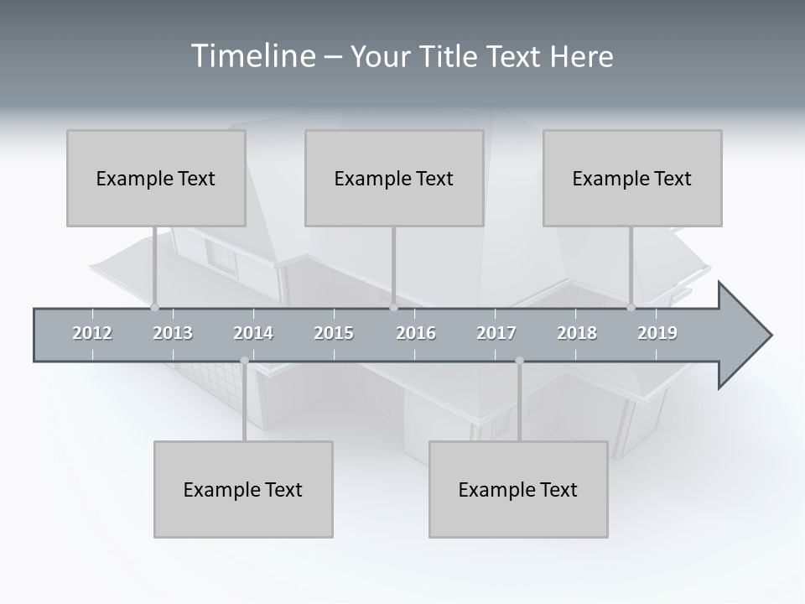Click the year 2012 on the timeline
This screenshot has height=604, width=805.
tap(92, 333)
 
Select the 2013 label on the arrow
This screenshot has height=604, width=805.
tap(173, 333)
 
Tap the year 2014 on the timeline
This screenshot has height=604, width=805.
tap(253, 333)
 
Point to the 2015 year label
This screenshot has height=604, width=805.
tap(334, 333)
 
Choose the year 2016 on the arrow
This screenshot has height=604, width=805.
tap(416, 333)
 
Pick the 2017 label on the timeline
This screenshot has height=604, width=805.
tap(496, 333)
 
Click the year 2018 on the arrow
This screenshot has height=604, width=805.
tap(577, 333)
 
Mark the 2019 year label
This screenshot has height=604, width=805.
tap(657, 333)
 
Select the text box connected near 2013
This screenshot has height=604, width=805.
tap(156, 178)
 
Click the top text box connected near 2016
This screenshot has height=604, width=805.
tap(394, 178)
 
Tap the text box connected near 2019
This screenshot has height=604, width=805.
tap(632, 178)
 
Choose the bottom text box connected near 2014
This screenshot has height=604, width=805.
tap(243, 489)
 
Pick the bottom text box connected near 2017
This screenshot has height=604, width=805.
tap(518, 489)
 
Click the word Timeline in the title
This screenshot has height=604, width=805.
tap(252, 56)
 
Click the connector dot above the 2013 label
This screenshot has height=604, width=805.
tap(154, 307)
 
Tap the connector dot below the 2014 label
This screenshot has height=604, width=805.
tap(244, 361)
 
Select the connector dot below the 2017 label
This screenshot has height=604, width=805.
tap(519, 361)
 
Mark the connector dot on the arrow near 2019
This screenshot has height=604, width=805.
tap(631, 307)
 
